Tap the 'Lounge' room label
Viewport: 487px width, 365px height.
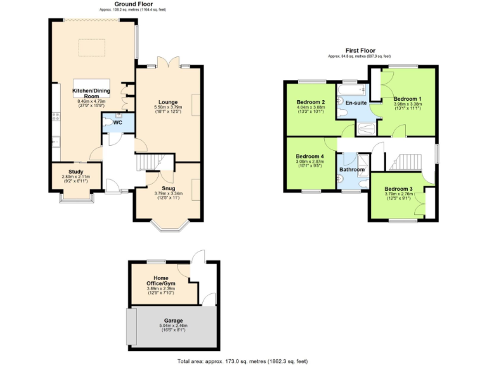click(168, 102)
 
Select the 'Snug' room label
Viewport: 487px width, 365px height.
click(168, 188)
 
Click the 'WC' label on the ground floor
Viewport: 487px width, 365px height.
click(117, 122)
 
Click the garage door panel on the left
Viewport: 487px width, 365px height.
click(131, 327)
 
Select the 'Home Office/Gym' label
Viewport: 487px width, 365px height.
click(152, 279)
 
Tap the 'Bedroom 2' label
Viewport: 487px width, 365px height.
click(311, 102)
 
